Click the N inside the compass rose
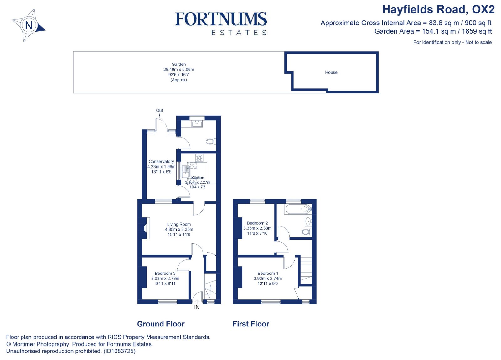coord(29,25)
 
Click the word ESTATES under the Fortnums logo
coord(239,33)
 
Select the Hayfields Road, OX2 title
coord(438,10)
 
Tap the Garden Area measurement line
coord(433,31)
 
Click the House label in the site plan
coord(331,72)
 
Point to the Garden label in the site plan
coord(178,64)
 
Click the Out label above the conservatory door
coord(159,110)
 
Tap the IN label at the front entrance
coord(197,307)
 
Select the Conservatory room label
coord(161,162)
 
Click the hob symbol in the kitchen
coord(199,158)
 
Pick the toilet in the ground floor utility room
coord(211,142)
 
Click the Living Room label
coord(179,224)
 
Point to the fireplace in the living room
coord(145,228)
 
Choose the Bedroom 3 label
coord(165,274)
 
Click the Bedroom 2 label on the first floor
coord(257,223)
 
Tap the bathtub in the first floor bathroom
coord(297,209)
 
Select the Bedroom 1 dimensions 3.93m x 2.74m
coord(267,279)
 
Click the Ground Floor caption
coord(161,324)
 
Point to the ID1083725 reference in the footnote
coord(120,351)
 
